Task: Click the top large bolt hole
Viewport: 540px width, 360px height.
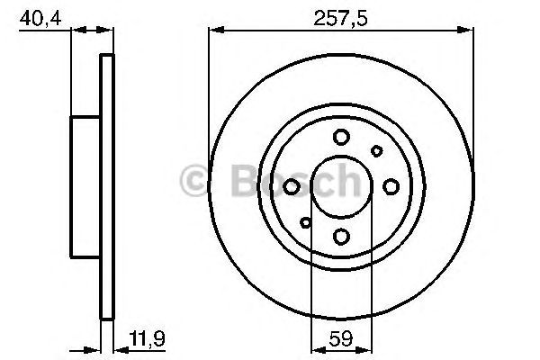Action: pos(341,137)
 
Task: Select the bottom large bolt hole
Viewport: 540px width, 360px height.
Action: pos(341,236)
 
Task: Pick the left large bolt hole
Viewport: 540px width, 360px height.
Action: pos(292,186)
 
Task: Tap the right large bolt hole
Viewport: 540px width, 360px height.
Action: pos(391,186)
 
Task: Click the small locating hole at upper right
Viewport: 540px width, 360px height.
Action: pos(377,151)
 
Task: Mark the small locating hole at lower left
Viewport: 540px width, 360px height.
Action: pos(306,221)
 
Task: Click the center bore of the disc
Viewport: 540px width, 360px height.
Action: pos(341,186)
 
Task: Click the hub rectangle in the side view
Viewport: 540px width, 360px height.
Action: pos(85,186)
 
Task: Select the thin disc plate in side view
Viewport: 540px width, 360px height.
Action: pos(107,186)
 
